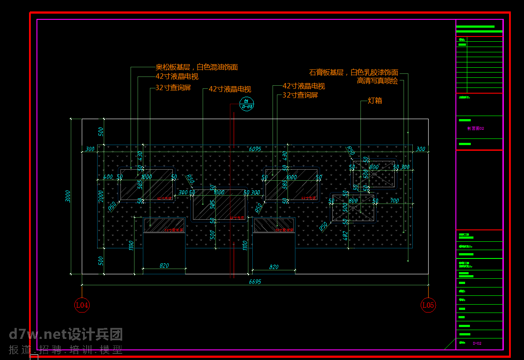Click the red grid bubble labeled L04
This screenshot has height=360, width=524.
pos(82,305)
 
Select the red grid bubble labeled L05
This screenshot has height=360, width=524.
pos(428,305)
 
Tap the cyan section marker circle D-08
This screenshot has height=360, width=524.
pos(247,103)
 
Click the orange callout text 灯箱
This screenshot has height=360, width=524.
pos(375,101)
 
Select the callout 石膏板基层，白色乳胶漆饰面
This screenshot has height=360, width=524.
pos(353,72)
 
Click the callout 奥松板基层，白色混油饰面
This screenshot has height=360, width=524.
pos(196,67)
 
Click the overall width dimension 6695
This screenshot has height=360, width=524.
pos(255,282)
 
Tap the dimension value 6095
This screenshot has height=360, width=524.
pos(255,149)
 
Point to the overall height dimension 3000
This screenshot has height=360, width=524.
pos(68,196)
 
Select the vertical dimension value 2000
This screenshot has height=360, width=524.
pos(101,196)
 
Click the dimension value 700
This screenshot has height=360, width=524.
pos(394,201)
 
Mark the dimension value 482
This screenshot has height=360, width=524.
pos(345,236)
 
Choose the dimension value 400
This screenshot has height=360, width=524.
pos(108,177)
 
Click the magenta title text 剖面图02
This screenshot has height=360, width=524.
pos(476,128)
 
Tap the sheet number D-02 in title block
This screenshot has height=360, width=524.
pos(477,343)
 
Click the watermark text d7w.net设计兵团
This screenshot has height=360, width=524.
pos(66,335)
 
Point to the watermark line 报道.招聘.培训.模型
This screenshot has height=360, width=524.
pos(66,350)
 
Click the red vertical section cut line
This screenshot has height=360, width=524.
pos(234,198)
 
